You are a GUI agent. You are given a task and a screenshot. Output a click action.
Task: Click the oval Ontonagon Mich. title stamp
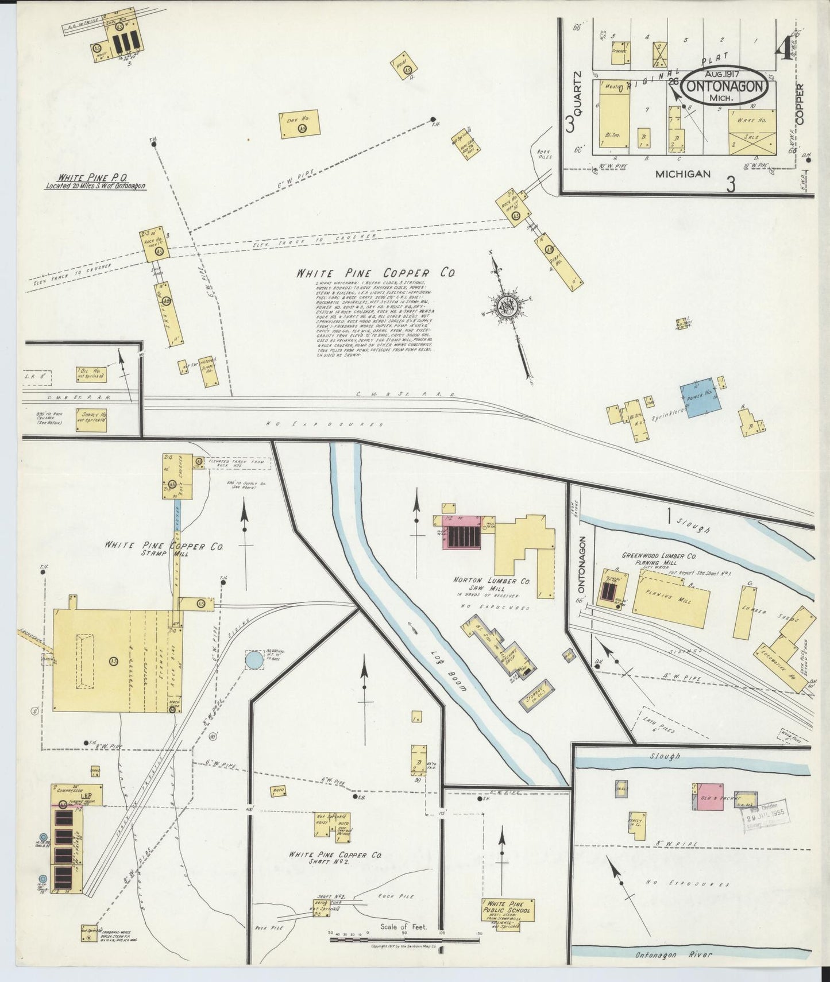coord(727,86)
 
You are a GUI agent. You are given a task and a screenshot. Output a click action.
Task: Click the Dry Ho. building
coord(299,124)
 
